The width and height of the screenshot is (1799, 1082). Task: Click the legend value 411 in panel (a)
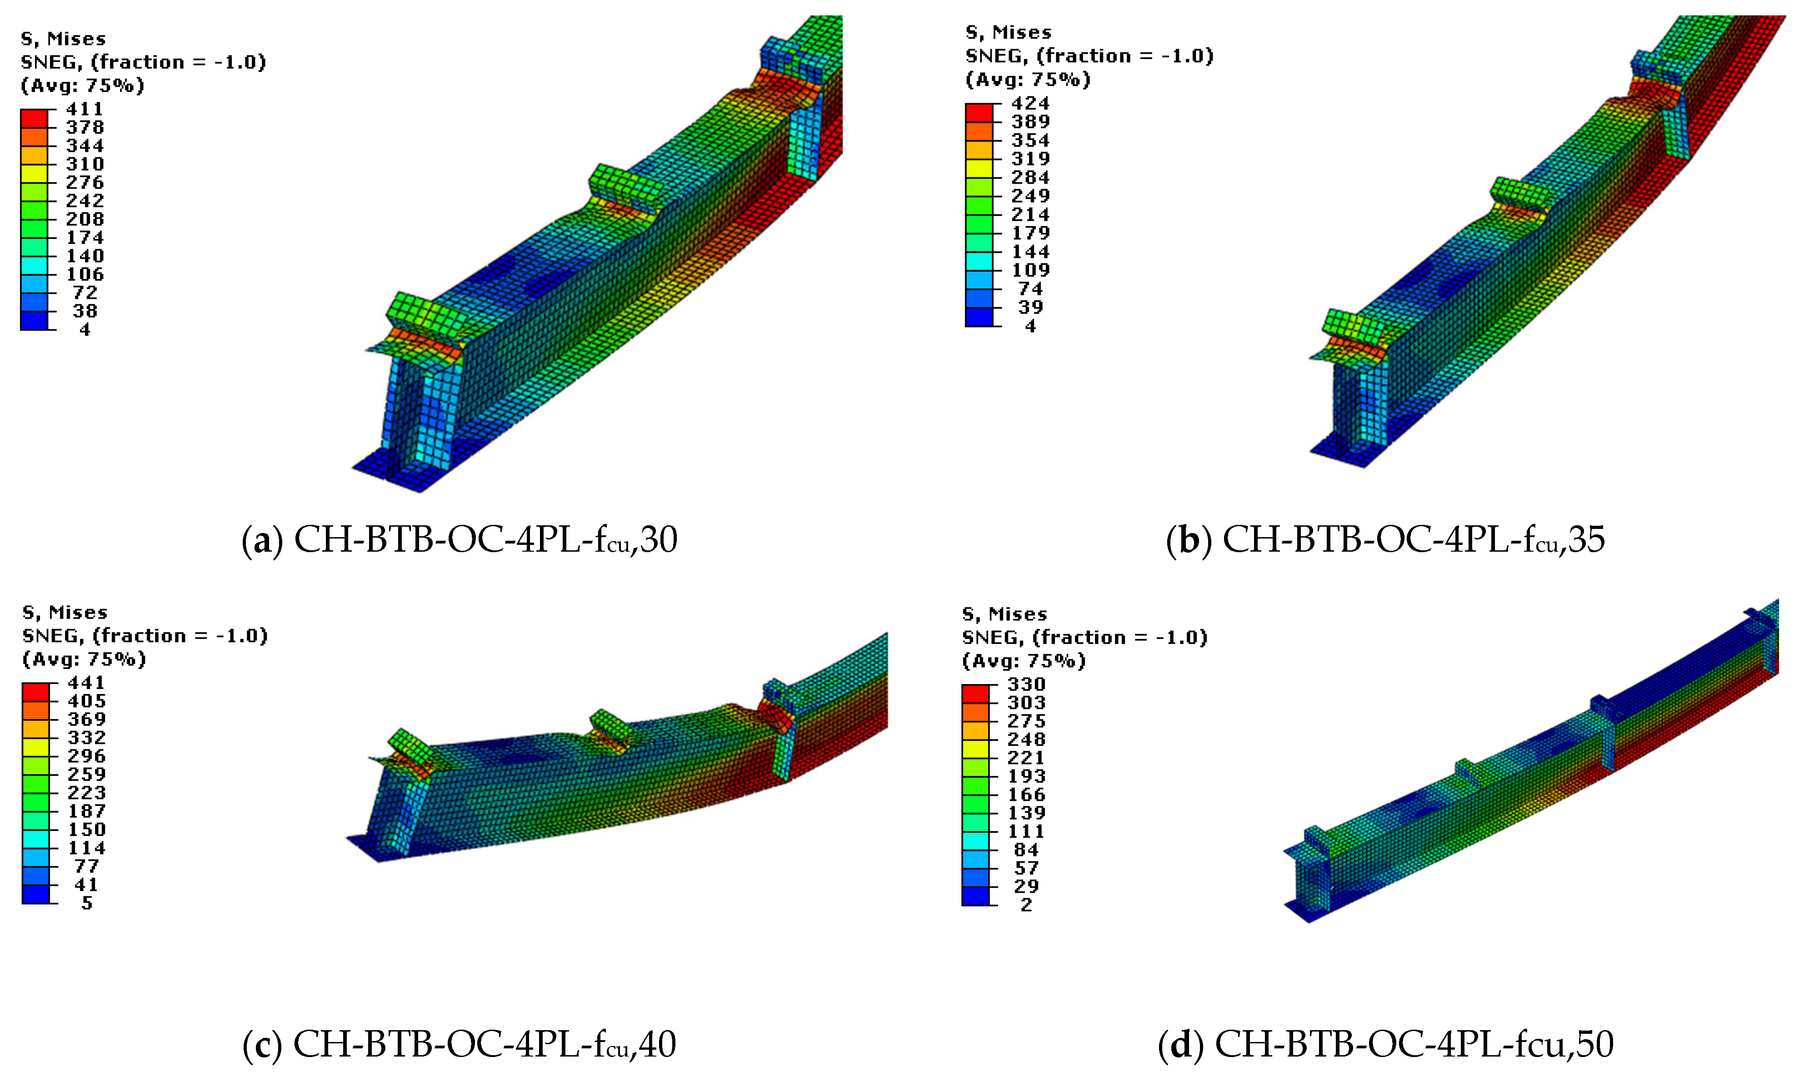tap(85, 109)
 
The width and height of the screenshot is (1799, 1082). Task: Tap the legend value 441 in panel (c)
tap(86, 683)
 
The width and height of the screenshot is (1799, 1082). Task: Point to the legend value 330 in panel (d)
tap(1026, 684)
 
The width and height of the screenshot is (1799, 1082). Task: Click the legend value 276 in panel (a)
tap(85, 182)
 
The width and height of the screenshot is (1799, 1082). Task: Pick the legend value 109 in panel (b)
tap(1029, 270)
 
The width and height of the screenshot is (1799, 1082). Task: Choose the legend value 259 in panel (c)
tap(86, 774)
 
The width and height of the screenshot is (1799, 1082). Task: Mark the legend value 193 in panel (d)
tap(1026, 776)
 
